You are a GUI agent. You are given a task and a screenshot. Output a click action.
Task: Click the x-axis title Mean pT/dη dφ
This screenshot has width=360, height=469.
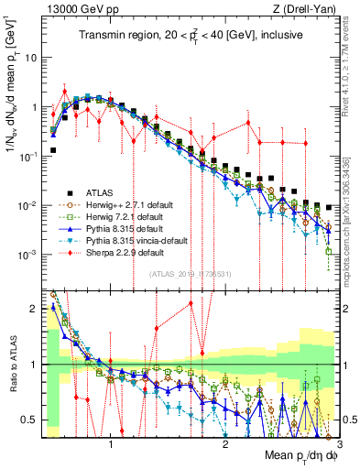[292, 455]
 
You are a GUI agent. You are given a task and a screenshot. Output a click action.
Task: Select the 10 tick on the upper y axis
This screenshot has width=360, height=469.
[33, 57]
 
